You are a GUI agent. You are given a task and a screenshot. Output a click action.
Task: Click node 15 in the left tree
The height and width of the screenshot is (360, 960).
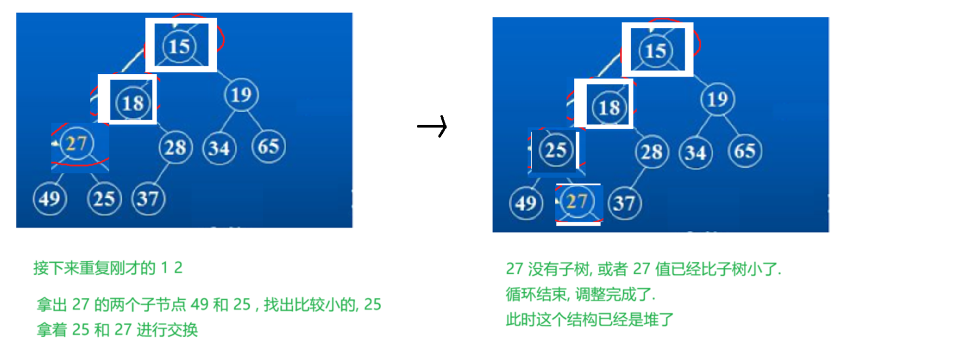click(179, 46)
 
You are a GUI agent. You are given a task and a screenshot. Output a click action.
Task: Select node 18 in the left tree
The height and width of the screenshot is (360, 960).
click(133, 103)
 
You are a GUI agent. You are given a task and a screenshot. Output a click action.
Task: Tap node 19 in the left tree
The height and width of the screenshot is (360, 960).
click(241, 94)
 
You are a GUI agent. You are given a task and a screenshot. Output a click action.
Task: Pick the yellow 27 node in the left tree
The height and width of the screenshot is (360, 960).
click(76, 143)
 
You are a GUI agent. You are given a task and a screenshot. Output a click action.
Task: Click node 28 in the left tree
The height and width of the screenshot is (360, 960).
click(175, 147)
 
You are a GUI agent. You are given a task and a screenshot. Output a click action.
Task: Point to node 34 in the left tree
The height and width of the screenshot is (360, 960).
click(219, 148)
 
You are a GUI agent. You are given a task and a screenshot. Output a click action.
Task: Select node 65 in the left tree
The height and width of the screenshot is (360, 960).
click(268, 146)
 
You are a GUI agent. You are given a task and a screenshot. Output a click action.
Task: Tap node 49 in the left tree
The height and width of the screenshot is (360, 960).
click(49, 198)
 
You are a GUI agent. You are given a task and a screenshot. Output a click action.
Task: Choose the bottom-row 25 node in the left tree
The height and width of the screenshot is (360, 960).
click(104, 198)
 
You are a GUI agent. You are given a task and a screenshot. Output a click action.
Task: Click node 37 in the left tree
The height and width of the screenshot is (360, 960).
click(148, 198)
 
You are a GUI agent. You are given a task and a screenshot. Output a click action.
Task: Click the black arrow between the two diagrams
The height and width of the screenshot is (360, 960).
click(432, 126)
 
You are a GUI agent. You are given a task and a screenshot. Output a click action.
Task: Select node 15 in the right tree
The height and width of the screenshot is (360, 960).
click(655, 51)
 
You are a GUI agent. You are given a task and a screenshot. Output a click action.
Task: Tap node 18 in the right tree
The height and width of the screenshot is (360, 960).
click(609, 107)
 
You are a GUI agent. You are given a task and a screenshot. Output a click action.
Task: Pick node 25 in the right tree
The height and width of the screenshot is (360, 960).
click(556, 150)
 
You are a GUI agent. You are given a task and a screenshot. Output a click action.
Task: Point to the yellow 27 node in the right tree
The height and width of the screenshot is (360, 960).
click(577, 201)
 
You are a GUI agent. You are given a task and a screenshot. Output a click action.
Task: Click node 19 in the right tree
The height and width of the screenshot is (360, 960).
click(717, 99)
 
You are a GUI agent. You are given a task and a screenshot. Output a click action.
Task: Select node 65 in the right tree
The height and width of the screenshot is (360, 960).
click(744, 151)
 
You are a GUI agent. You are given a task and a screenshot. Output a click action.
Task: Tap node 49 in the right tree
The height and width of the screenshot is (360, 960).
click(525, 203)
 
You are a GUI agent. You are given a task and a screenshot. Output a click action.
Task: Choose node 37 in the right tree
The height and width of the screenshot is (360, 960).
click(624, 203)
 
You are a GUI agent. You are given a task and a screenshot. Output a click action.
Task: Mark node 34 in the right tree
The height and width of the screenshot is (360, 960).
click(695, 152)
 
